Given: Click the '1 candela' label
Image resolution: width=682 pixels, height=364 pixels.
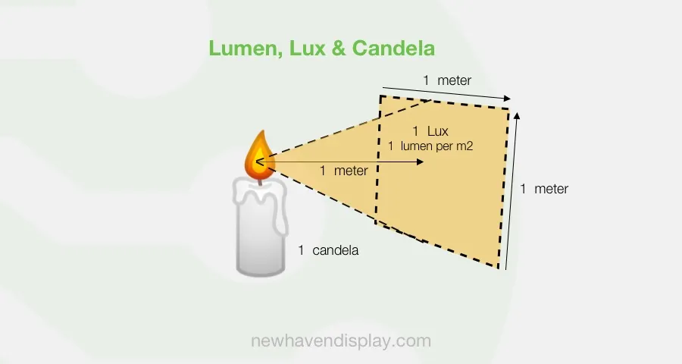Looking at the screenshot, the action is point(328,249).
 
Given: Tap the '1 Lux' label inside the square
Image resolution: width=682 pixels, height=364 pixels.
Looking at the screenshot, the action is point(430,130).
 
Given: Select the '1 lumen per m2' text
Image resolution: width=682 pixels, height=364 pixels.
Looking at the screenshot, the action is point(430,146).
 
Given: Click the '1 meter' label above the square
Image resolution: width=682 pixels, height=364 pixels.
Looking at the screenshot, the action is point(447,80).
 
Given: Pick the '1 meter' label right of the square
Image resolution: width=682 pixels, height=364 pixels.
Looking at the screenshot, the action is point(544,189).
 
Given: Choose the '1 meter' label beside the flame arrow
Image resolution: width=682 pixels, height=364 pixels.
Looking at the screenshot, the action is point(344,171).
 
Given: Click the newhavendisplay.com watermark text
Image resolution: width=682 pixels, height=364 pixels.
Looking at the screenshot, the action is point(341,341).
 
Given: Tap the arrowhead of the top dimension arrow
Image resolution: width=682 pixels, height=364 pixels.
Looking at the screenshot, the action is point(508,99).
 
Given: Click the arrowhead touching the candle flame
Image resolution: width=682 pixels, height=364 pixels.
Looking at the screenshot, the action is point(261,160).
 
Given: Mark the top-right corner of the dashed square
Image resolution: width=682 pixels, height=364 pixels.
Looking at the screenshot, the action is point(508,108).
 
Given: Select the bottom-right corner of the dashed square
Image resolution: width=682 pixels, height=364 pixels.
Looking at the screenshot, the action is point(499,268).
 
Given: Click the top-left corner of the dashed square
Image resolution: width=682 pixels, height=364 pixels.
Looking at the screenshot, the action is point(380,96).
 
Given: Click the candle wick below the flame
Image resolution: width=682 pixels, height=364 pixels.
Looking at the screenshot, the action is point(259,180).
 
